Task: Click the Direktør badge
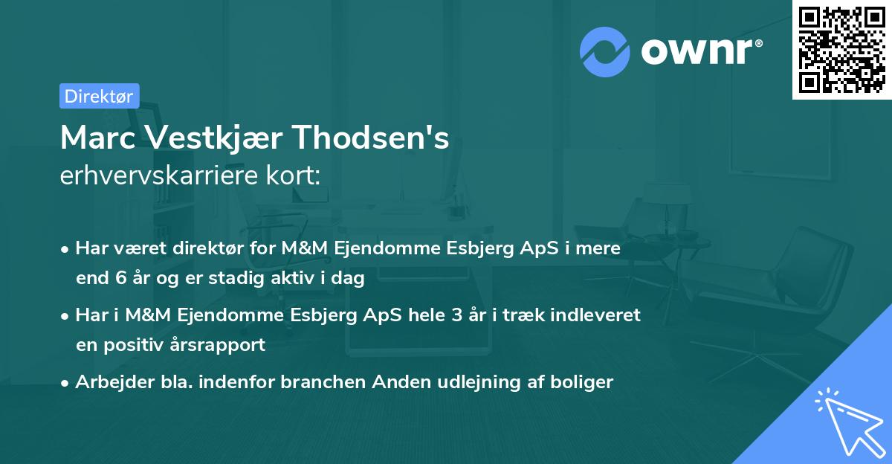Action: click(x=99, y=96)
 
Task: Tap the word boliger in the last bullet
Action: click(x=584, y=382)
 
